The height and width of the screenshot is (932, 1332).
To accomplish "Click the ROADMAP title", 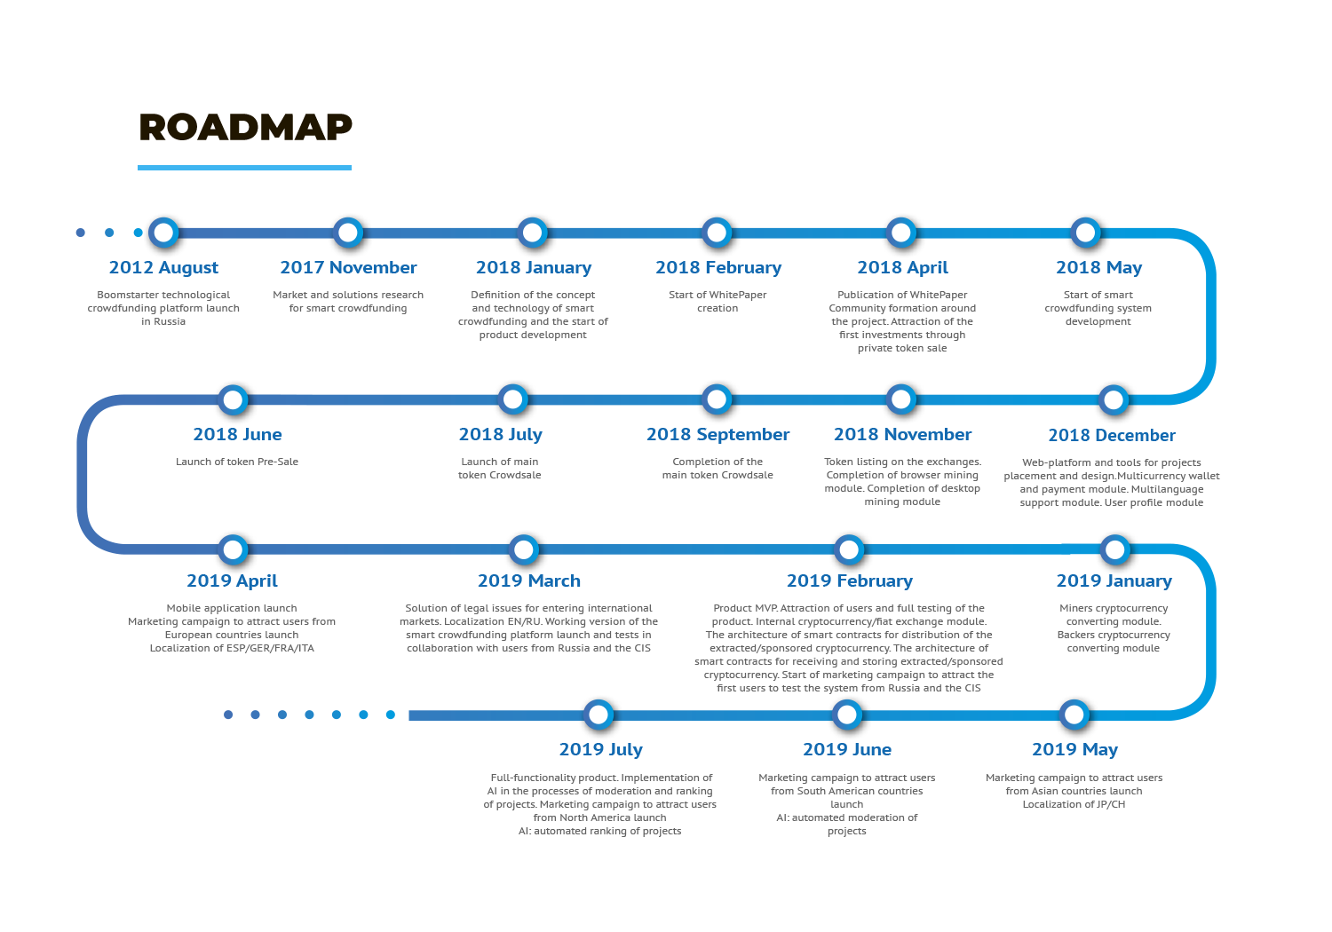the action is (246, 127).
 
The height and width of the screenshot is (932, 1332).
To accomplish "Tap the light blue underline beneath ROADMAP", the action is (244, 168).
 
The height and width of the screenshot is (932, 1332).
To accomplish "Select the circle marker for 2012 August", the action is (163, 233).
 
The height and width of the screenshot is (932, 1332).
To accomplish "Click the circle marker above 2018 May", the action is (1086, 233).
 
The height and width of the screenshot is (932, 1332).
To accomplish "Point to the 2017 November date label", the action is (348, 267).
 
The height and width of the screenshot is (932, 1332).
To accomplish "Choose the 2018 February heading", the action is (718, 267).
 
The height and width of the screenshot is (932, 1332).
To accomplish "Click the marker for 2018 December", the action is (1114, 400).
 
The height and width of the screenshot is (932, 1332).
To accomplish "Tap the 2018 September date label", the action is (718, 435).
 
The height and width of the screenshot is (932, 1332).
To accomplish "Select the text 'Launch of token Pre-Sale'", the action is (237, 462).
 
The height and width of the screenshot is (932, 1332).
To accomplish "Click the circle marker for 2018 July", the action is (512, 399).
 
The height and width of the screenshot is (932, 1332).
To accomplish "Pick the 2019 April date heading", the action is (232, 581).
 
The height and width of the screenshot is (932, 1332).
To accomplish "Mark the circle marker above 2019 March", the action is (524, 549).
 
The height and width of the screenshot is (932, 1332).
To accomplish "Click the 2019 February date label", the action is (850, 581).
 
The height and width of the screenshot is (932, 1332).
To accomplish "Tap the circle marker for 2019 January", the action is (1115, 549).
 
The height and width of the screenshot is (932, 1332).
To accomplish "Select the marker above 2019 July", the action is (599, 715).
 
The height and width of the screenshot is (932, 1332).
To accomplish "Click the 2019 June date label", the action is (847, 749).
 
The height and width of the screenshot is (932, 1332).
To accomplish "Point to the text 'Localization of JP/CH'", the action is (1074, 804).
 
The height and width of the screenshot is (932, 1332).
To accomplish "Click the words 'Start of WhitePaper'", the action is (718, 295).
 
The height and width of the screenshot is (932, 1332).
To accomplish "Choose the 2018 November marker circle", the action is (901, 399).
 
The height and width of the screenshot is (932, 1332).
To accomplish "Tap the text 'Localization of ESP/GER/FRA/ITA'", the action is (232, 649).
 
